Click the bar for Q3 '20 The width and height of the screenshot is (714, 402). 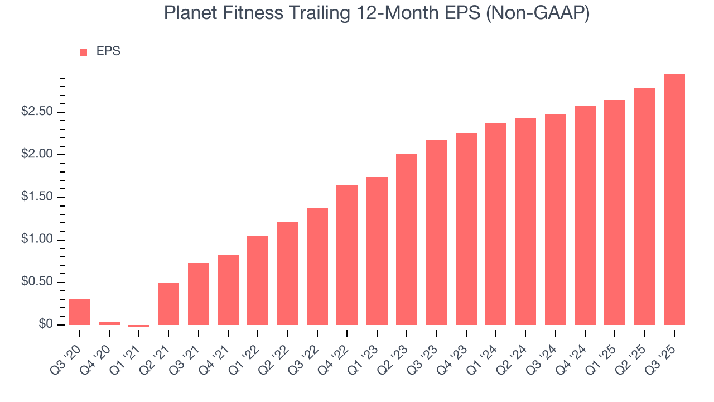(x=79, y=312)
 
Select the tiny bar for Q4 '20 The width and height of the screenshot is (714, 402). (x=109, y=323)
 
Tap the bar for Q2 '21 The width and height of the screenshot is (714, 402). (x=168, y=304)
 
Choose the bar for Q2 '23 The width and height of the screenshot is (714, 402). (x=407, y=240)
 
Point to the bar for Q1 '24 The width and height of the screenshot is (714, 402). (x=496, y=224)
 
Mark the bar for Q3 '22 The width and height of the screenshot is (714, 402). (x=317, y=266)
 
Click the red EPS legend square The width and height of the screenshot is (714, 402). (x=84, y=52)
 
